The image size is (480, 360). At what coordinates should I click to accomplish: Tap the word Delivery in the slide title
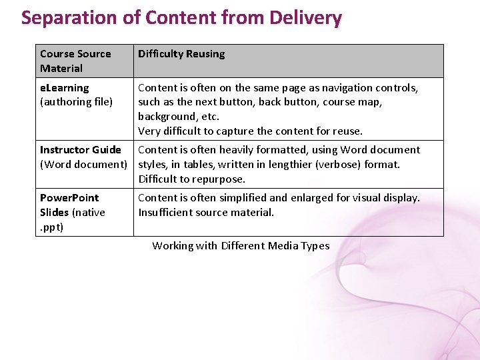(x=305, y=17)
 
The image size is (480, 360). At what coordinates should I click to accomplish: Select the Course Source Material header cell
(x=75, y=61)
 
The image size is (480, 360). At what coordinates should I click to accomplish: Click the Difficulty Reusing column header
(x=181, y=53)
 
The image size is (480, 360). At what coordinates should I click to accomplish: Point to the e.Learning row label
(x=65, y=87)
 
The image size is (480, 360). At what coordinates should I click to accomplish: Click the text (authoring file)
(x=76, y=101)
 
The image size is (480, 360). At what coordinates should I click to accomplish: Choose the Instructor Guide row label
(x=81, y=149)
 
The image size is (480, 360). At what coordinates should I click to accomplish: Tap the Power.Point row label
(x=69, y=197)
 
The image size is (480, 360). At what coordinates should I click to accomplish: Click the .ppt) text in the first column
(x=52, y=227)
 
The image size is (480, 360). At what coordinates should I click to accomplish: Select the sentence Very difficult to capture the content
(x=250, y=131)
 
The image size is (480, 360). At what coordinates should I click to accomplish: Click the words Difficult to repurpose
(x=192, y=179)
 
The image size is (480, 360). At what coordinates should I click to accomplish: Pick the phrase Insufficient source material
(x=206, y=212)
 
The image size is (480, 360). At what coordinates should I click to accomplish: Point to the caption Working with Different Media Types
(x=241, y=245)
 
